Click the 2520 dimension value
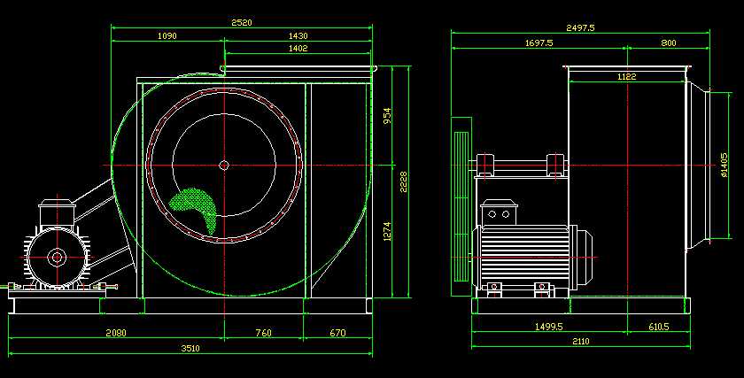(x=242, y=22)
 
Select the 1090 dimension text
(x=167, y=35)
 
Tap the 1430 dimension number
(x=298, y=35)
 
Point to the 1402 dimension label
(x=298, y=48)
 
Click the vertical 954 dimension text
(x=388, y=116)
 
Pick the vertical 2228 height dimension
(x=403, y=182)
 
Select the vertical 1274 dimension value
(x=388, y=231)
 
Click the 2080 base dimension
(x=116, y=333)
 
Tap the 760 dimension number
(x=263, y=333)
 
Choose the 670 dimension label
(x=337, y=333)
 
